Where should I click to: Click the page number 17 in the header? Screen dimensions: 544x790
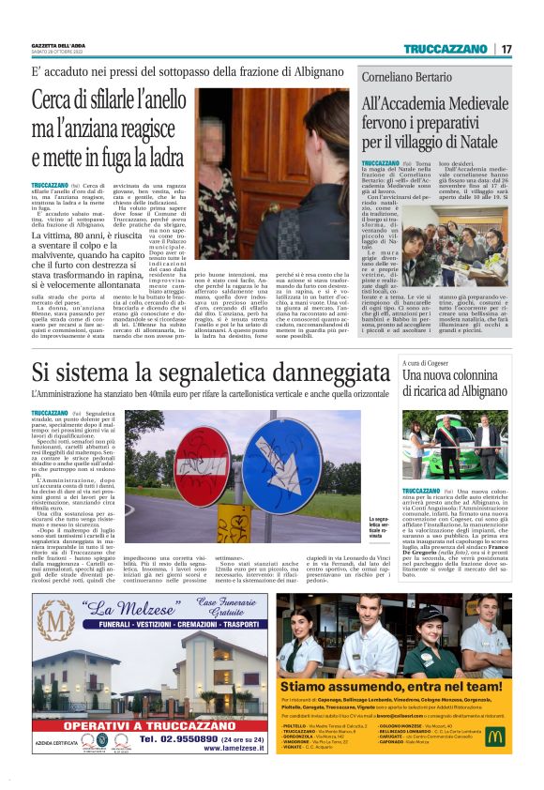pyautogui.click(x=506, y=49)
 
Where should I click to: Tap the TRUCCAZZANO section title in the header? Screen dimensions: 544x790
pyautogui.click(x=451, y=49)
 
